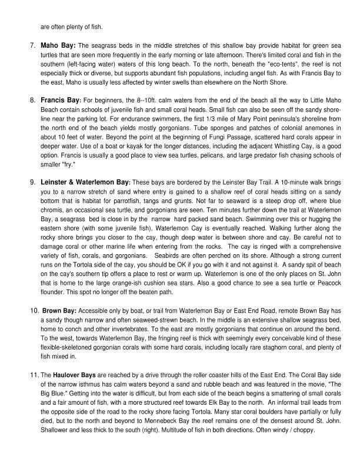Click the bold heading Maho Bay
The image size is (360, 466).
coord(57,45)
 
